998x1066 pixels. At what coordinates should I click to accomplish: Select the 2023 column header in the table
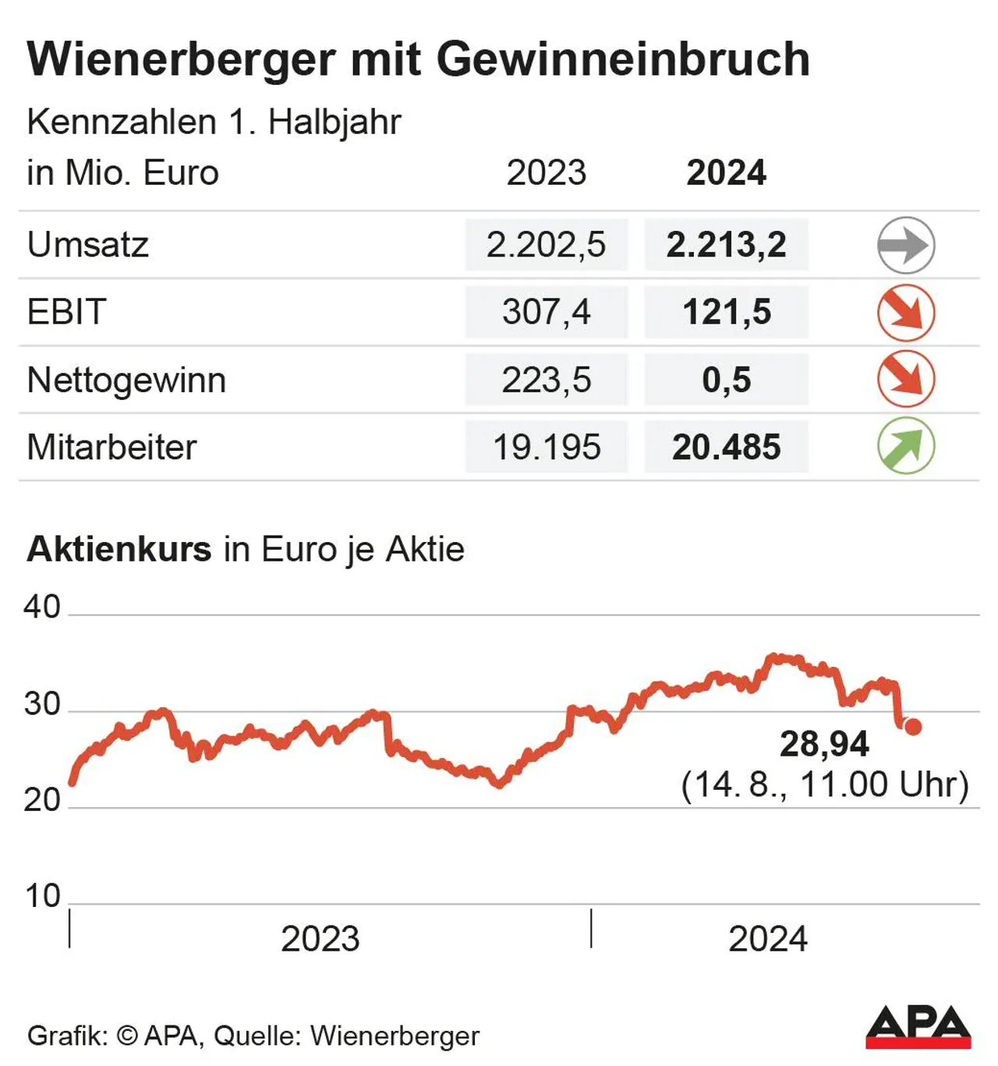(x=546, y=172)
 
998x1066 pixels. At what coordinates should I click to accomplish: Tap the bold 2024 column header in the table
(x=726, y=172)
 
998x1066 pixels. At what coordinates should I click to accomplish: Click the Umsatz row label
(x=87, y=245)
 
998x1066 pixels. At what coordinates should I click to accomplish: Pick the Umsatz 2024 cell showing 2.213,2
(x=726, y=245)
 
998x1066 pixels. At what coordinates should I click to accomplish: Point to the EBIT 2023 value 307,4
(x=546, y=312)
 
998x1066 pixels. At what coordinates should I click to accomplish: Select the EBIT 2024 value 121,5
(x=726, y=312)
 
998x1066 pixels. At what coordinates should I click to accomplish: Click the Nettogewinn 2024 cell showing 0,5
(x=726, y=380)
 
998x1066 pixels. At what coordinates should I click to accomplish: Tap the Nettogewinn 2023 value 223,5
(x=546, y=380)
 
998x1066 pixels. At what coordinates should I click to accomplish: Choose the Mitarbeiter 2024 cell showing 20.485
(x=726, y=447)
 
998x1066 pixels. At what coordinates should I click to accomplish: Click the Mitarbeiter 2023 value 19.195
(x=546, y=447)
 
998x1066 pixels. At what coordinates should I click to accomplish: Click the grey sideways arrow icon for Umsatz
(x=905, y=246)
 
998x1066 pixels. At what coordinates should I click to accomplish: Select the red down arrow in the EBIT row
(x=905, y=313)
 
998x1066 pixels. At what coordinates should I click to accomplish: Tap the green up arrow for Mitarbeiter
(x=905, y=446)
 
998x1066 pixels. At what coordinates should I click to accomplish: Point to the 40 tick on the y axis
(x=42, y=607)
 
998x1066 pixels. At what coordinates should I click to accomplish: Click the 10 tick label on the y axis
(x=42, y=896)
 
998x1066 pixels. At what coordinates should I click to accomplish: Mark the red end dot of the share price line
(x=913, y=727)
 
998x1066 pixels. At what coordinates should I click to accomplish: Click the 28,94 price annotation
(x=824, y=744)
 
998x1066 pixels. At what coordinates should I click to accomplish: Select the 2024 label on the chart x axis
(x=767, y=939)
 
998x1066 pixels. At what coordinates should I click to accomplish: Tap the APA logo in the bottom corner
(x=918, y=1027)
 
